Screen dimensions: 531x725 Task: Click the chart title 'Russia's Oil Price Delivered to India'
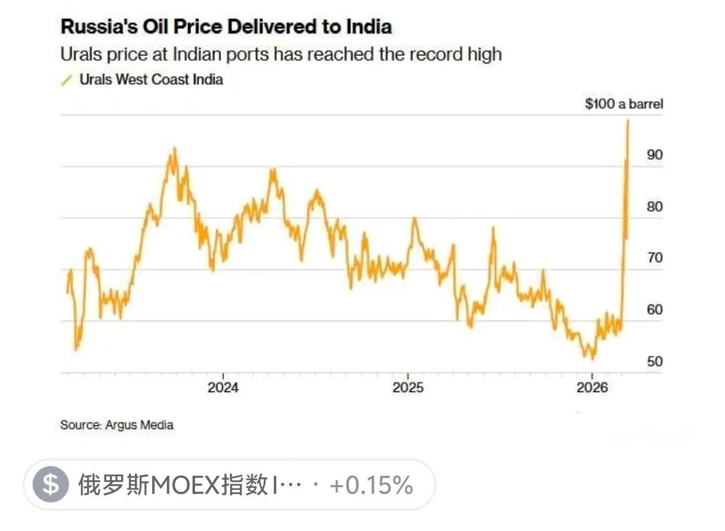tap(226, 27)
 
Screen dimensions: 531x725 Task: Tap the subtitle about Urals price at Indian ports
tap(281, 55)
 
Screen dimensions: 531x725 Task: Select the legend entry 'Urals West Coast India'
tap(151, 80)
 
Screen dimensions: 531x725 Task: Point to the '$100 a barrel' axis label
tap(623, 104)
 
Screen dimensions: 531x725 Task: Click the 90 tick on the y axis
tap(655, 155)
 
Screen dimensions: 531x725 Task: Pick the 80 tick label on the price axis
tap(655, 206)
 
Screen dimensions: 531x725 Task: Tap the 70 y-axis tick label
tap(655, 258)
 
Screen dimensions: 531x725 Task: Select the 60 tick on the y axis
tap(655, 310)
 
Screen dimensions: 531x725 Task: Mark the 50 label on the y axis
tap(655, 361)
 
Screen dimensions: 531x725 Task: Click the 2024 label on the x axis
tap(223, 387)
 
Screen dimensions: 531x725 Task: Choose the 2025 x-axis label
tap(408, 387)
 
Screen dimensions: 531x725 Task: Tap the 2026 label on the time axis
tap(592, 387)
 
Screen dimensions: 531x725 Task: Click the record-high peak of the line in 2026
tap(628, 120)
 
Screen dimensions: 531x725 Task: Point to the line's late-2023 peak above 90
tap(175, 149)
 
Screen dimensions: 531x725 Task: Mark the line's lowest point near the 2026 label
tap(592, 358)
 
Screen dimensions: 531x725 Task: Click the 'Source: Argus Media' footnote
tap(117, 425)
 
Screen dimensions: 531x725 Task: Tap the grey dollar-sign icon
tap(51, 485)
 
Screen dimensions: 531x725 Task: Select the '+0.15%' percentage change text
tap(371, 485)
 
